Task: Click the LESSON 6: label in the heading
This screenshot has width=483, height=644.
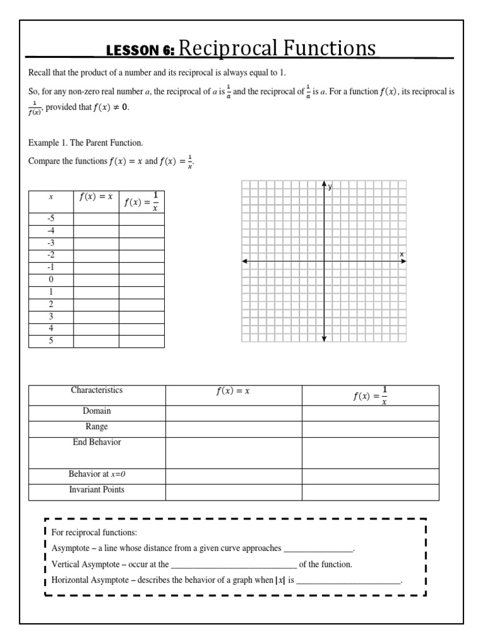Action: click(142, 51)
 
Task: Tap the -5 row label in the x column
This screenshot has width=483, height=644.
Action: click(51, 218)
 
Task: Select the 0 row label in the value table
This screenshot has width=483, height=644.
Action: click(51, 279)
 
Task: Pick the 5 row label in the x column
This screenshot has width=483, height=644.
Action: click(51, 341)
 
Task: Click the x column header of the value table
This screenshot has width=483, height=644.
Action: click(51, 197)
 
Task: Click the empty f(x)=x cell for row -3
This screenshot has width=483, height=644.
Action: click(96, 243)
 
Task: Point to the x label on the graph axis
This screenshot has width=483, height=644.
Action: click(401, 253)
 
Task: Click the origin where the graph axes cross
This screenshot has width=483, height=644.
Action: click(324, 261)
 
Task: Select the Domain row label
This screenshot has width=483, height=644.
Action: click(97, 411)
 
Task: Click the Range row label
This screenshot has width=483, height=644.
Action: click(97, 426)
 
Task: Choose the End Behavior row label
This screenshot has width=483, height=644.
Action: click(97, 442)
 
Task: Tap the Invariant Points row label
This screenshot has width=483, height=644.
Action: click(97, 489)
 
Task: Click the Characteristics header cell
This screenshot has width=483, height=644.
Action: click(97, 390)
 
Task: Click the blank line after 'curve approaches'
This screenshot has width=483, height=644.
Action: click(318, 548)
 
